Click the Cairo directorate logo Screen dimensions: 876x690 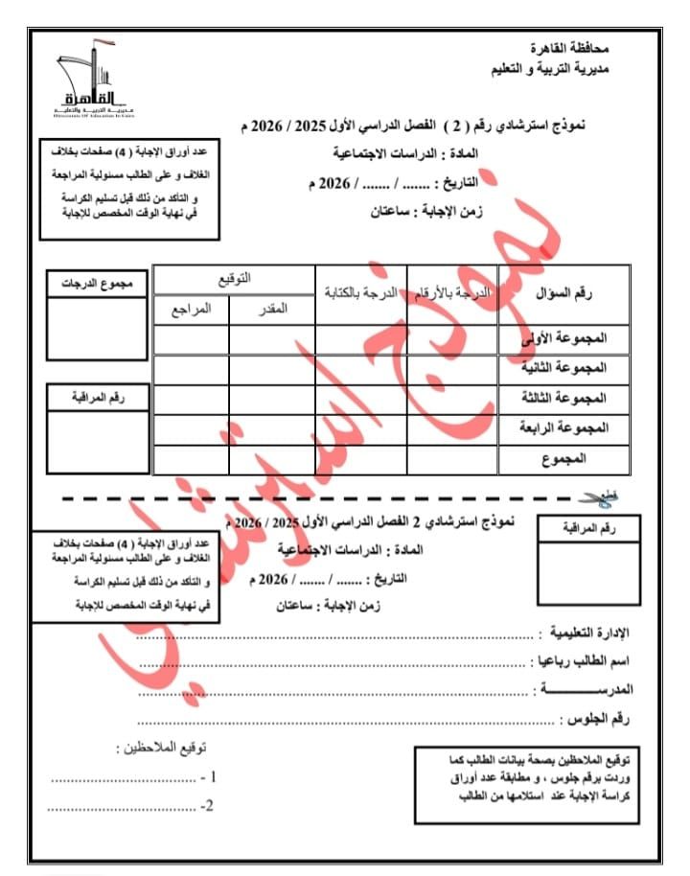86,78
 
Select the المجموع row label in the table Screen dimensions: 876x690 586,459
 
